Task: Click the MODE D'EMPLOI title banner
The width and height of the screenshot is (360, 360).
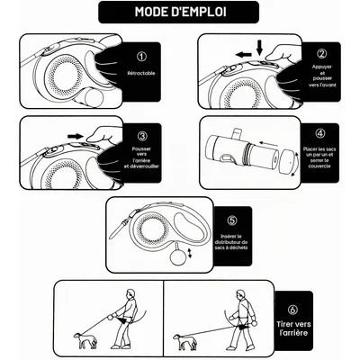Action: (178, 12)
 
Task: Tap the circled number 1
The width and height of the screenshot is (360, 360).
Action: (141, 57)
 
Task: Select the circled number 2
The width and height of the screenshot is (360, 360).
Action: (321, 53)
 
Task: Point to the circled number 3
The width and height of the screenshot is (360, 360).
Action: (142, 136)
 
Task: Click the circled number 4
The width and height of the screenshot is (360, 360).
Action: (320, 133)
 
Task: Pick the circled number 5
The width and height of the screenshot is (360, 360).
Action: (232, 220)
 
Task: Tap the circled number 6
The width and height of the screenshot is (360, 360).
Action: (292, 310)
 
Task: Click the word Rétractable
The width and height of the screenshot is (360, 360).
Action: (141, 73)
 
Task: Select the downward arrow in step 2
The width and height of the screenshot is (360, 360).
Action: (259, 48)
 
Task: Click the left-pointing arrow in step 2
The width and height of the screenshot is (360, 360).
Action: (243, 55)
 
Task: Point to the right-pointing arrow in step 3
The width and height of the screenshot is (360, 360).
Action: (76, 137)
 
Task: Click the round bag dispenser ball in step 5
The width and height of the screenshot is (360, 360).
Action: (176, 256)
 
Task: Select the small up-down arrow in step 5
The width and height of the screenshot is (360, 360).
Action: (189, 253)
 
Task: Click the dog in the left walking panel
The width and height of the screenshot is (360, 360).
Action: (85, 340)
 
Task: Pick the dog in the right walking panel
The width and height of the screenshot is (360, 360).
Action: (184, 341)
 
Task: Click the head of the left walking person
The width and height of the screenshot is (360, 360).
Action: (130, 293)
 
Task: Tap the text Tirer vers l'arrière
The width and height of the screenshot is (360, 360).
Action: (293, 328)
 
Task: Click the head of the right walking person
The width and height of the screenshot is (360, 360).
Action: (240, 294)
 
